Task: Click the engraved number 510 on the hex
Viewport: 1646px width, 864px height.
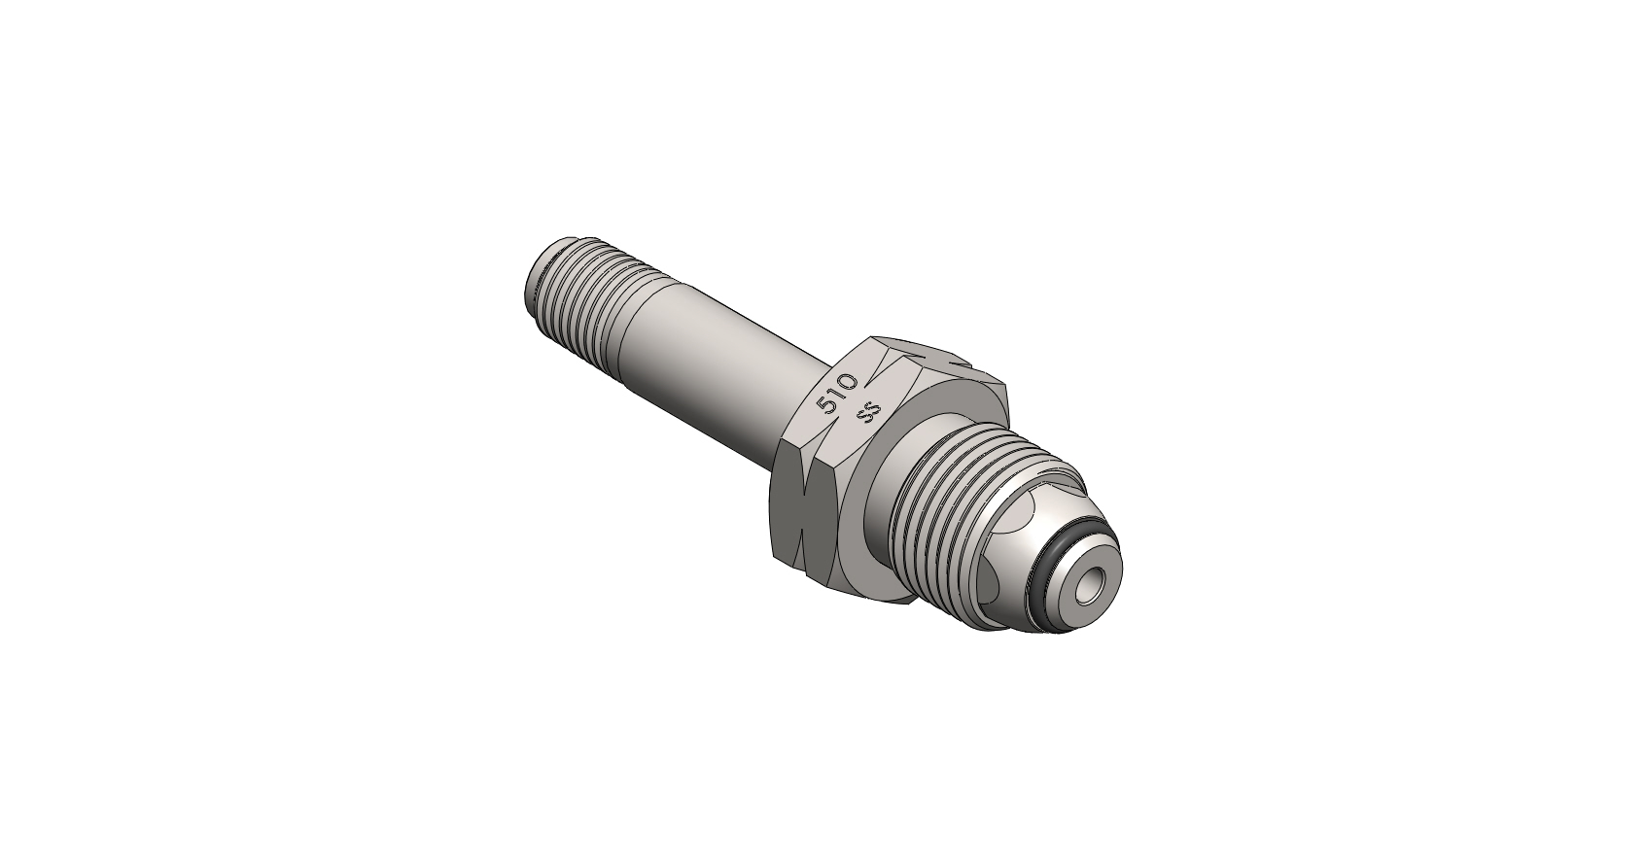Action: [838, 395]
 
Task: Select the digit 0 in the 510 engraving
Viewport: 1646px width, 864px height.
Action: [849, 382]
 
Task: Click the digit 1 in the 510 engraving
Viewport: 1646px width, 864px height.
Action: [838, 396]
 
